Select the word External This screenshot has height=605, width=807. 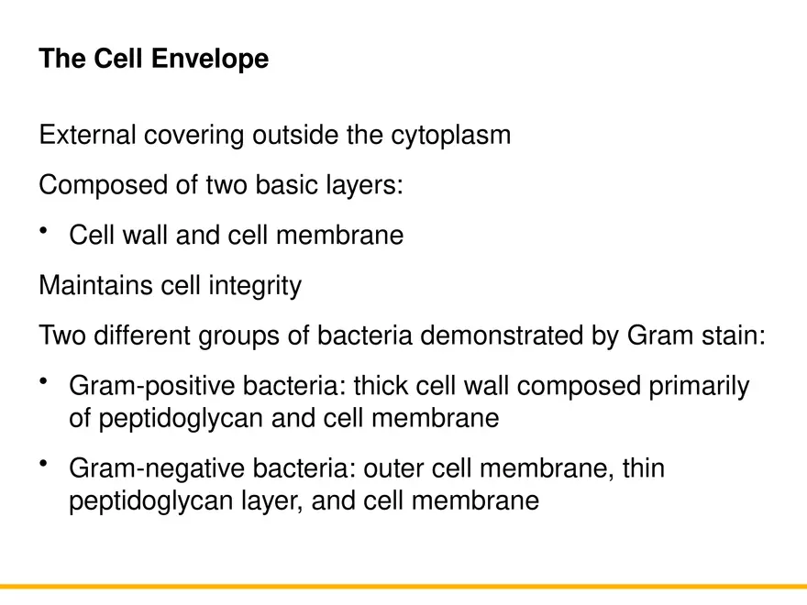pyautogui.click(x=87, y=136)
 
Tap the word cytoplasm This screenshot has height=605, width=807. pyautogui.click(x=451, y=137)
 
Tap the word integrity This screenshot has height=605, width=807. pyautogui.click(x=257, y=287)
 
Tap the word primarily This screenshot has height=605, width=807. pyautogui.click(x=699, y=387)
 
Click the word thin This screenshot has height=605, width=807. pyautogui.click(x=644, y=468)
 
